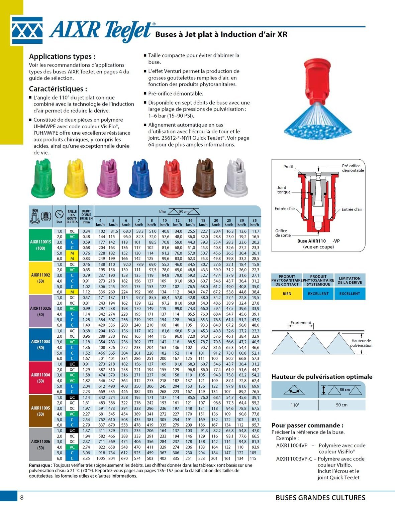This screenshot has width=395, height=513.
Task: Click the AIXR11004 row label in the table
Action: click(x=40, y=378)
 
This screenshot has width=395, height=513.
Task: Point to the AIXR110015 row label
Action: click(x=40, y=245)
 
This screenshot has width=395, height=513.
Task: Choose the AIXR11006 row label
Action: click(x=40, y=444)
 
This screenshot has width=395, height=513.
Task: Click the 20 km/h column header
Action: click(x=216, y=222)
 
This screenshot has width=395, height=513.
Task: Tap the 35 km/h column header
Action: click(x=255, y=222)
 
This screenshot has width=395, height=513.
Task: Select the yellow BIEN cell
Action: click(x=287, y=294)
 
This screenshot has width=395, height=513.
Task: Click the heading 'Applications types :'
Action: click(x=62, y=56)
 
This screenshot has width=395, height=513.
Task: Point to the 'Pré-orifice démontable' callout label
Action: click(x=353, y=168)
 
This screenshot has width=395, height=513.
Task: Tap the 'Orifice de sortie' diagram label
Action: click(x=283, y=233)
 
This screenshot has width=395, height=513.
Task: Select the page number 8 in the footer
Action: click(x=22, y=498)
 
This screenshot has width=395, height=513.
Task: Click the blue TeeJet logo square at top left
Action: click(x=27, y=31)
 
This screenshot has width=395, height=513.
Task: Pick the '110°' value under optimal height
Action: click(x=295, y=405)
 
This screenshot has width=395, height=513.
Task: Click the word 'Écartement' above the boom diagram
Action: click(x=301, y=323)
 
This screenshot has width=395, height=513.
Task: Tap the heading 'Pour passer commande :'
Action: click(x=307, y=425)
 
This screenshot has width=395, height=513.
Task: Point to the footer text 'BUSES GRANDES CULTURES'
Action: click(x=320, y=498)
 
